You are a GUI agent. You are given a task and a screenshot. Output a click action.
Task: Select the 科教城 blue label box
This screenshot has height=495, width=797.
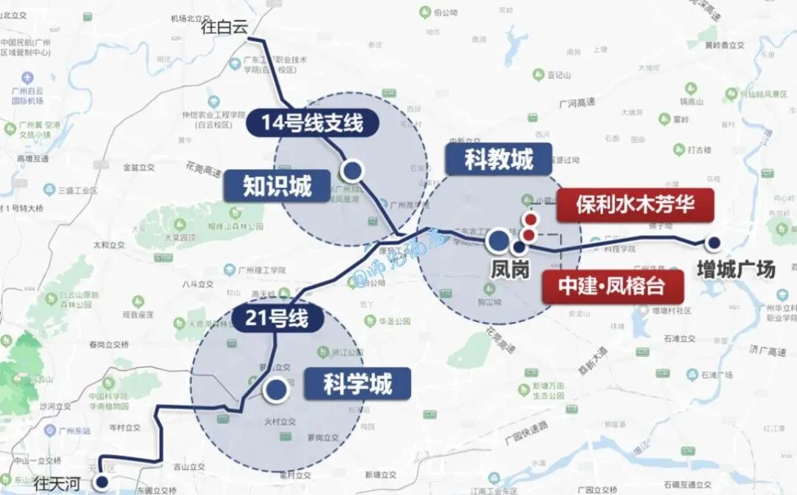tap(499, 159)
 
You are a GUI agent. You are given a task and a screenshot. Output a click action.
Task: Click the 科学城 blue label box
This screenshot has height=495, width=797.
tap(357, 384)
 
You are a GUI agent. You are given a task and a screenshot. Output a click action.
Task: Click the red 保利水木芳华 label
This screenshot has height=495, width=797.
tap(635, 205)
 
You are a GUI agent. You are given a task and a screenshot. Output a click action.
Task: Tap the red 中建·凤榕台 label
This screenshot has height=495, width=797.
tap(611, 286)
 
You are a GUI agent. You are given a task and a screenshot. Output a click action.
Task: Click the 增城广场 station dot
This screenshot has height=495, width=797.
tap(714, 242)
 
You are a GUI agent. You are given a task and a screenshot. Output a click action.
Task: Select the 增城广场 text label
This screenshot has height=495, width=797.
tap(736, 270)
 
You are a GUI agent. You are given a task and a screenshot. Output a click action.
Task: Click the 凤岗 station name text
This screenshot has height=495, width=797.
tap(510, 270)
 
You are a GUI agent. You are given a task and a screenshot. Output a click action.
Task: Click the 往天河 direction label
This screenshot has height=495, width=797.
tap(59, 484)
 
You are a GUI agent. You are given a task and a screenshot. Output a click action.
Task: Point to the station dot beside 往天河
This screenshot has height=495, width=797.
tap(102, 482)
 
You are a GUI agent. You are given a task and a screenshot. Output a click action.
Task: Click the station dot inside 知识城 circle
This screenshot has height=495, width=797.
tap(353, 171)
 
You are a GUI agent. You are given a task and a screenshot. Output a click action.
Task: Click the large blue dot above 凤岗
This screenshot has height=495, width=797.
tap(499, 240)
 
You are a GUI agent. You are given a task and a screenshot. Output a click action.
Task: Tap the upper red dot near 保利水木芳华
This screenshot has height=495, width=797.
tap(530, 219)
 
